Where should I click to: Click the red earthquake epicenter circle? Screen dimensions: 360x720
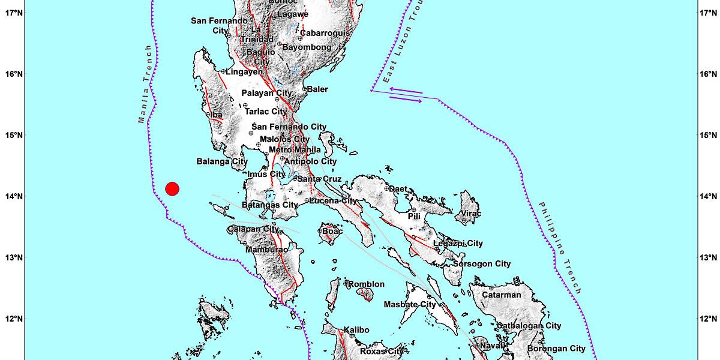(172, 189)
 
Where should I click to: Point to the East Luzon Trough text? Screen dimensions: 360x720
(395, 49)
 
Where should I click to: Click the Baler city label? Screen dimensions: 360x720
(317, 89)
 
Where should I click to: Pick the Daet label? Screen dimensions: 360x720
(398, 188)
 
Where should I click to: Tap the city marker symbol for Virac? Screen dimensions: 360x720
(464, 220)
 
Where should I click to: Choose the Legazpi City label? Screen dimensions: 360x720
(458, 243)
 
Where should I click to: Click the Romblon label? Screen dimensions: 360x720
(367, 284)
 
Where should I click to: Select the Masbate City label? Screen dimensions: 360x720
(409, 305)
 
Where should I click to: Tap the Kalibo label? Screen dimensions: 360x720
(356, 329)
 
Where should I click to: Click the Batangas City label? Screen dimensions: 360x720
(269, 206)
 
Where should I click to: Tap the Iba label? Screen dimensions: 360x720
(217, 115)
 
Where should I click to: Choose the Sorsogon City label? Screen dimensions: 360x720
(482, 263)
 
